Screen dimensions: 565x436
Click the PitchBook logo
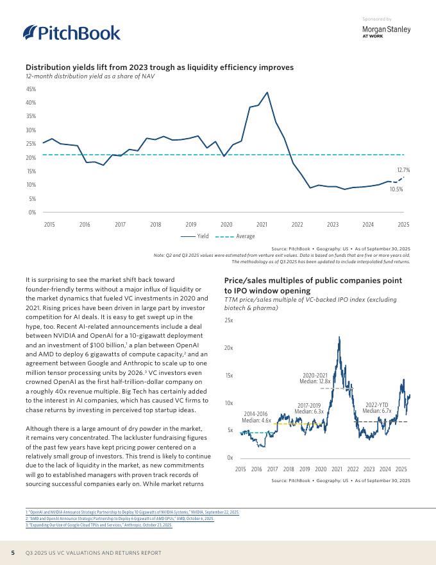tap(71, 33)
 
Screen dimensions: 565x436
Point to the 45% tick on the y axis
tap(31, 89)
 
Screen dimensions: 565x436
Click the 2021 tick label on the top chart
tap(262, 224)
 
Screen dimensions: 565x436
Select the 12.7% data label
tap(403, 170)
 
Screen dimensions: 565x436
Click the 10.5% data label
tap(396, 190)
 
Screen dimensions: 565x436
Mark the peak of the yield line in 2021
tap(267, 92)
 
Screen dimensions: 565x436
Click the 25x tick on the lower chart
tap(229, 320)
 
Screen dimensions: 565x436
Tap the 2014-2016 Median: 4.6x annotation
tap(256, 417)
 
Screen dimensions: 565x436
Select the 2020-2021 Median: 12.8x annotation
tap(315, 378)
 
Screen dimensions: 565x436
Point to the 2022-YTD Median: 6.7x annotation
tap(377, 407)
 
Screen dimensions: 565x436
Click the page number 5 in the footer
tap(13, 553)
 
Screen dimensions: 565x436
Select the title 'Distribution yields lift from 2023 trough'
tap(159, 67)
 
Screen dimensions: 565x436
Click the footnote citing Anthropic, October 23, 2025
tap(95, 525)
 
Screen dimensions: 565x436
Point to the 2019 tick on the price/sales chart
tap(305, 470)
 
